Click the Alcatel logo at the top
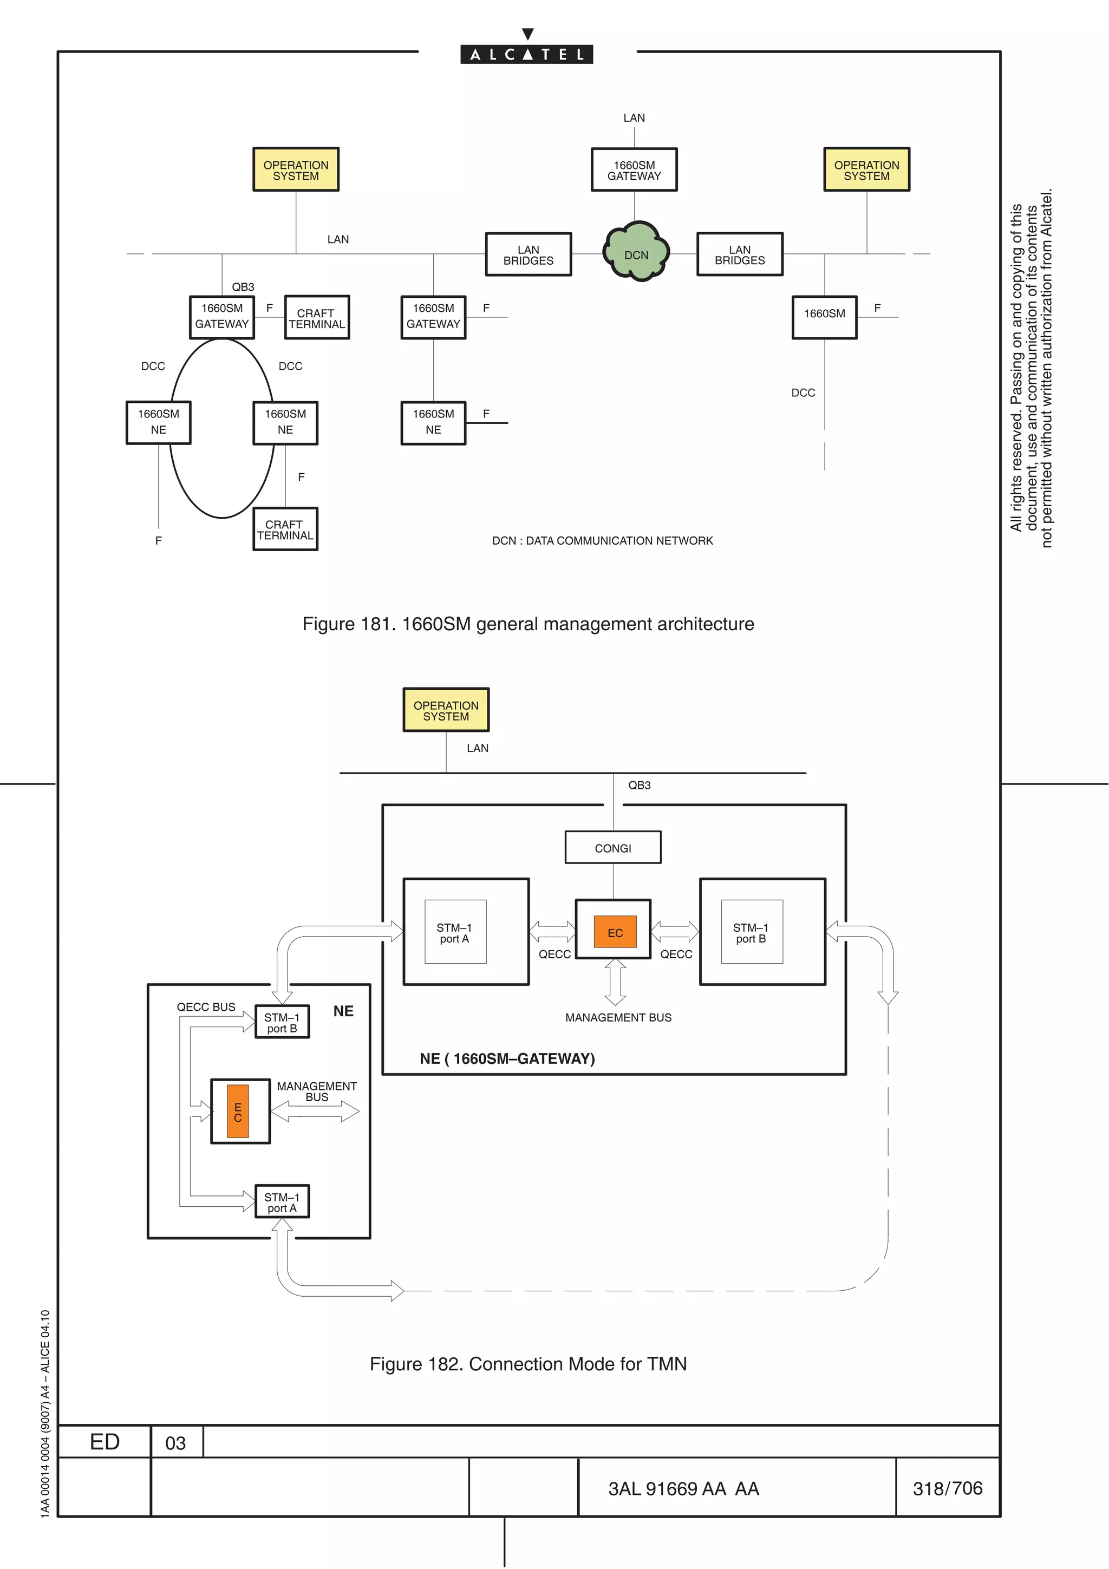click(x=526, y=53)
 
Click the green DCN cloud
click(x=636, y=253)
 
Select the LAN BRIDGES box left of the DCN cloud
click(x=528, y=255)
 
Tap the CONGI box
click(x=612, y=847)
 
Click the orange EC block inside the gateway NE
click(x=615, y=932)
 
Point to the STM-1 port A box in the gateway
click(x=455, y=932)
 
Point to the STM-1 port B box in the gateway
click(x=751, y=932)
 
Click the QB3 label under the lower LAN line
click(x=639, y=785)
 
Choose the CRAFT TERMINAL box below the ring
click(x=285, y=529)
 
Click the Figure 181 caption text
click(x=527, y=624)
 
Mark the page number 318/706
click(x=947, y=1488)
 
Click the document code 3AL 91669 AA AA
click(x=683, y=1489)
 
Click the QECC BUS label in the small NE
click(x=206, y=1006)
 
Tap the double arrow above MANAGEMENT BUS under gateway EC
click(x=615, y=982)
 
